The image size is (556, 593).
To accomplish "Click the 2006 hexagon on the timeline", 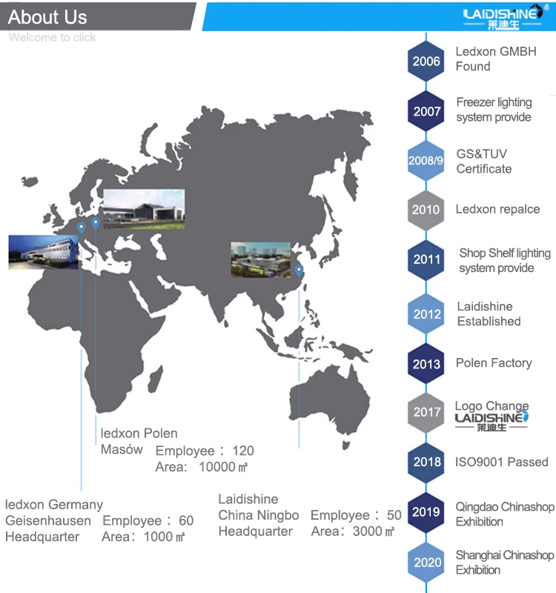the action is (426, 61).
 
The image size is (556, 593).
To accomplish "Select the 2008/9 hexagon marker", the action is (426, 160).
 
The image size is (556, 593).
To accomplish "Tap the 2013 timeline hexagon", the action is (426, 364).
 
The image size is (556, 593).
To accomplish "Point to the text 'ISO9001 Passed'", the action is (502, 462).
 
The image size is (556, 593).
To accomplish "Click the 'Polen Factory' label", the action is (494, 362).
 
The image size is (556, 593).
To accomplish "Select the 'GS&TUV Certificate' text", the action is (483, 161).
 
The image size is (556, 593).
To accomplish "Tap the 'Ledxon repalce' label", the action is (497, 209).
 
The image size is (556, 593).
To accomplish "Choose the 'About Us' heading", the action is (47, 17).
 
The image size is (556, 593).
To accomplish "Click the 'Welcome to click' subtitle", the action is (52, 37).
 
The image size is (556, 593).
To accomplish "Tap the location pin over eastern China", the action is (299, 269).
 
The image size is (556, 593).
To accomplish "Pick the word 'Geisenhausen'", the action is (48, 520).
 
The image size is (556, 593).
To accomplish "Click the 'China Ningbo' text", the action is (259, 515).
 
